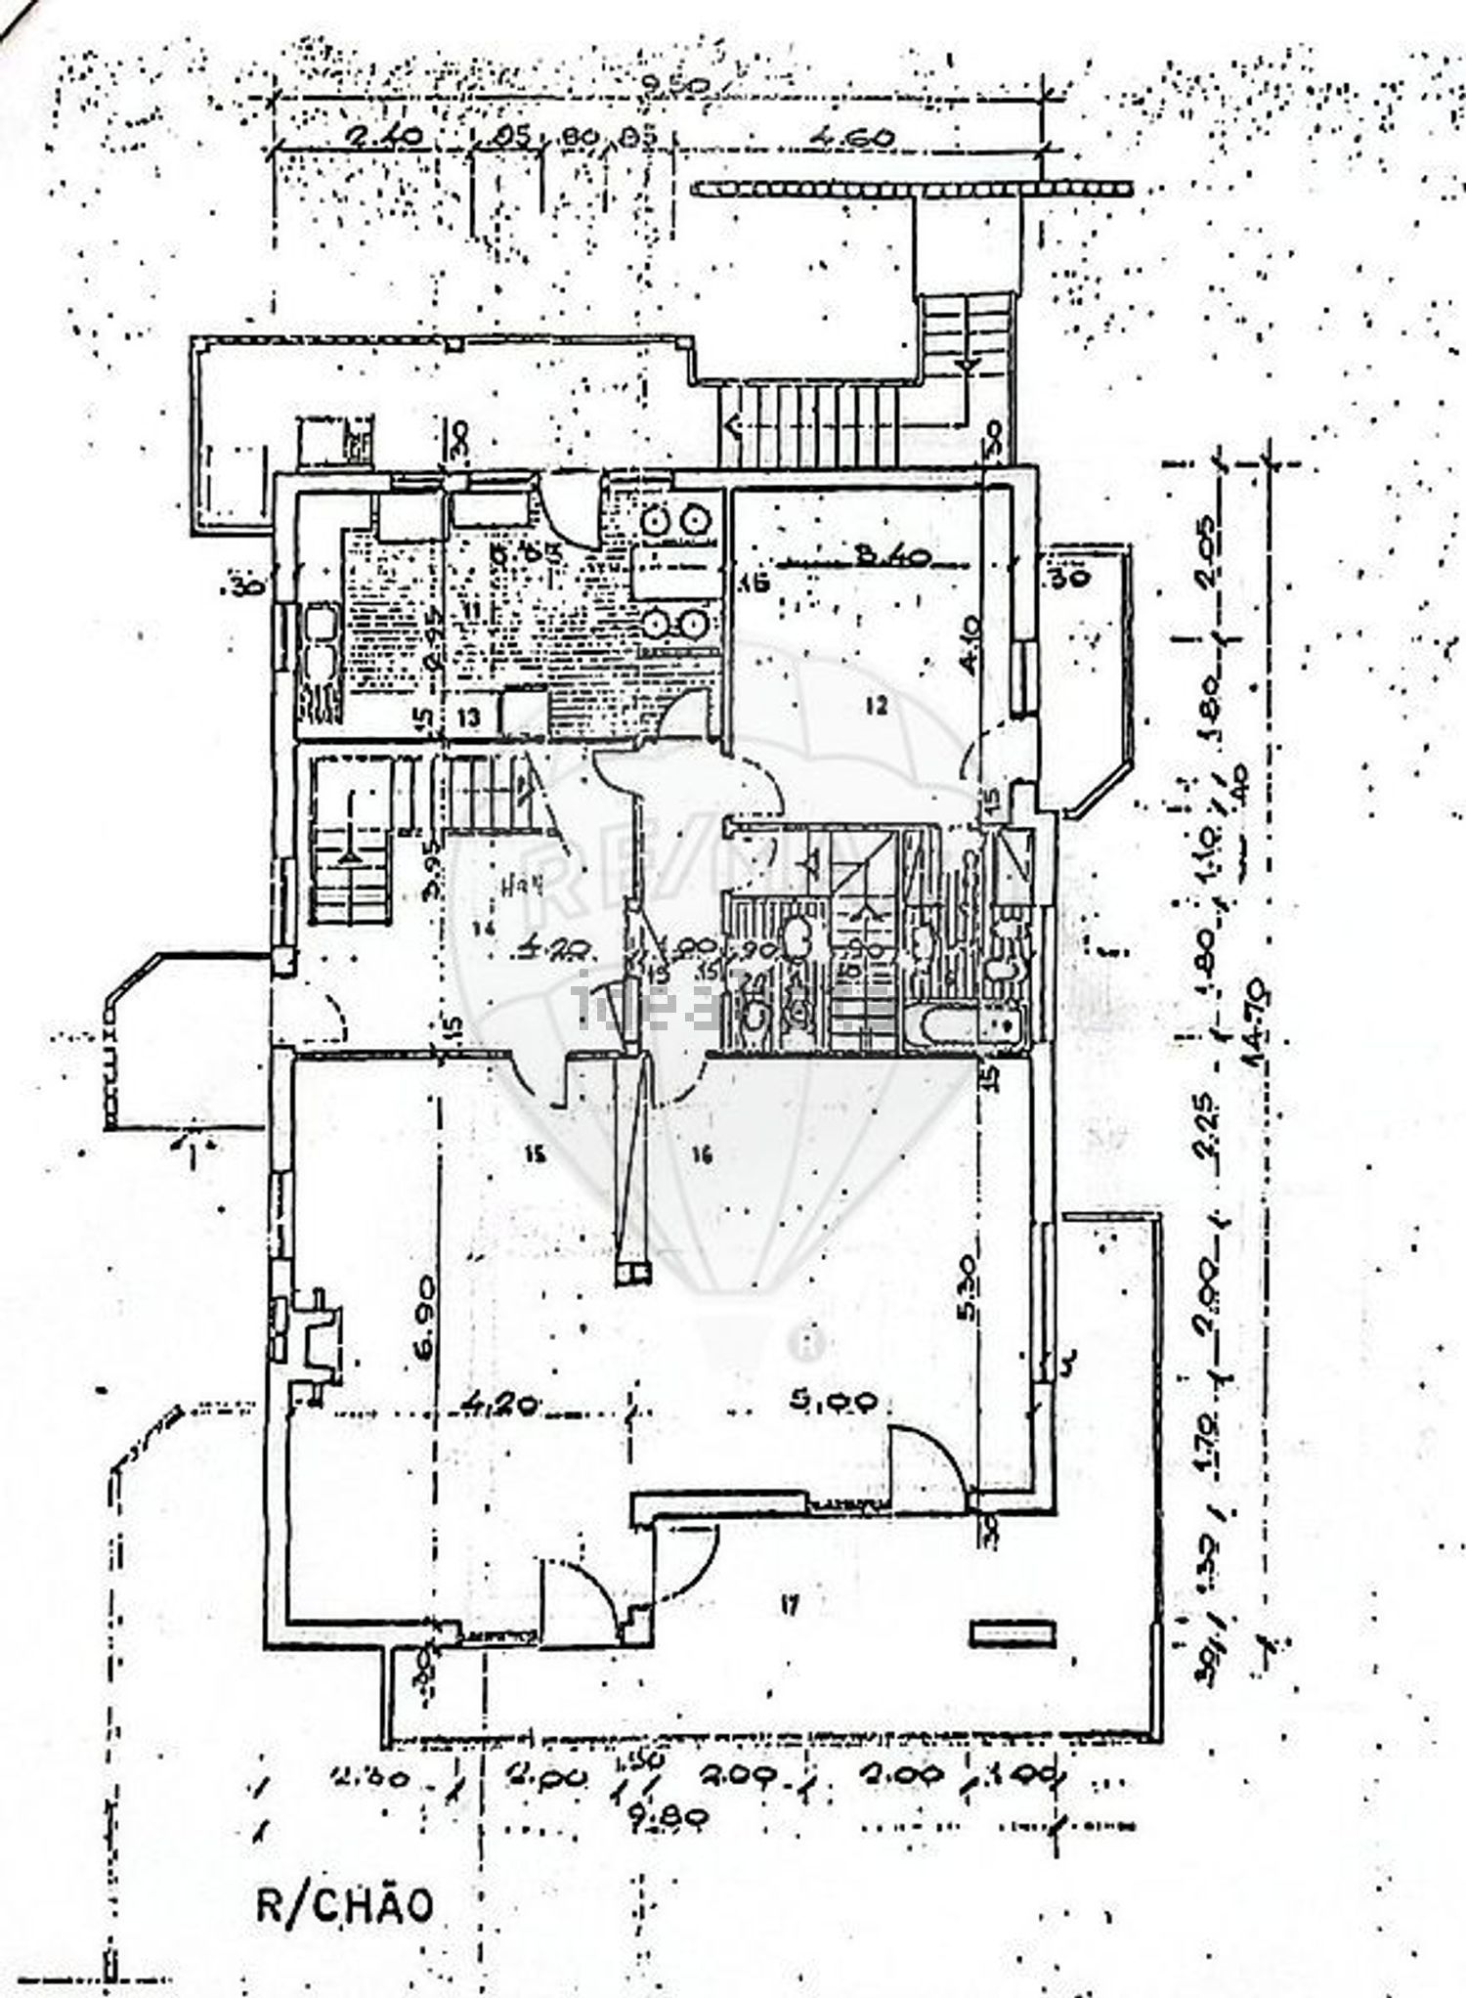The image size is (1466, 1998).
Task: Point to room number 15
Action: click(533, 1154)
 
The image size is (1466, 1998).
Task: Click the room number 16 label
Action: click(700, 1156)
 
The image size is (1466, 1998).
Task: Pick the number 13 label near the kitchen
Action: click(469, 717)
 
